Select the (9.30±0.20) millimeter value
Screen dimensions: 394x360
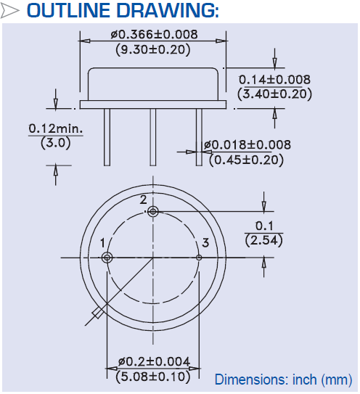point(153,49)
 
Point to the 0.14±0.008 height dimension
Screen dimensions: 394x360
point(275,80)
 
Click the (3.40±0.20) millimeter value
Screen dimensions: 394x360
point(275,94)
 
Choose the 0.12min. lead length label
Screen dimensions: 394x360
point(56,128)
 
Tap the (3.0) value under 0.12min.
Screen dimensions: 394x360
point(56,143)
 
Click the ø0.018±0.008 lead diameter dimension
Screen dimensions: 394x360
point(247,145)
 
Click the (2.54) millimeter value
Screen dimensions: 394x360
point(263,240)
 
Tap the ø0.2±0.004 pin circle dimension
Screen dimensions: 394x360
point(153,361)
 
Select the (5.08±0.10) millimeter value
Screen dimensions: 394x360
point(153,376)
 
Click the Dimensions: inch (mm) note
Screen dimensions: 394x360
point(283,379)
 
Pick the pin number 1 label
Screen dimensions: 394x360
point(102,242)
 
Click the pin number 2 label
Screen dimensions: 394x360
point(144,200)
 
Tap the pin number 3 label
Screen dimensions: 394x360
point(206,242)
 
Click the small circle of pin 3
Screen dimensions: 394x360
point(199,258)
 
